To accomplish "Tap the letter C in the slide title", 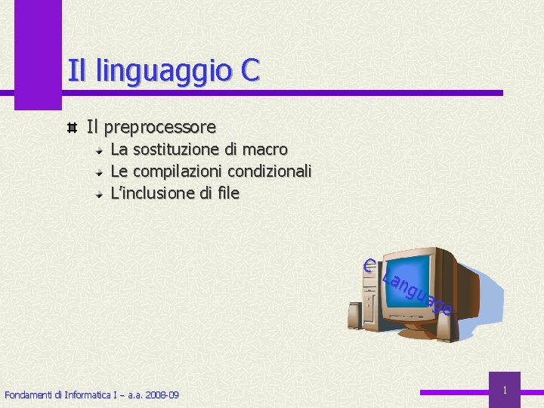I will tap(251, 70).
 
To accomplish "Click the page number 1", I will tap(505, 390).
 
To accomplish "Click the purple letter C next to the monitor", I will tap(369, 265).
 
